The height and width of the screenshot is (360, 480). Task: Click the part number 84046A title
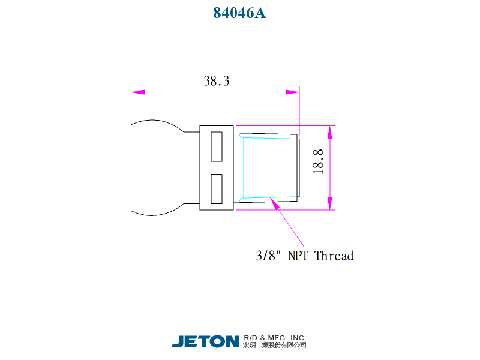(239, 13)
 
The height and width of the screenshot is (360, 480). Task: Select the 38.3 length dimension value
(217, 81)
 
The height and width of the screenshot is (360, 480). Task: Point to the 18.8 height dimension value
(318, 161)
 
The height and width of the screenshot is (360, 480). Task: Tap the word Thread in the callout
(334, 256)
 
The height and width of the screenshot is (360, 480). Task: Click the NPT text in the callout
(298, 256)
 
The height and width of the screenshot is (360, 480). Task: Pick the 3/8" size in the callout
(268, 256)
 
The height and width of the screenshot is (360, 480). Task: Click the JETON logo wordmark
(205, 341)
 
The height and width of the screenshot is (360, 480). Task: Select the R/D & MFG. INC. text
(275, 338)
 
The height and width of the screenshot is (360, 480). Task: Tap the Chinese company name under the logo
(275, 345)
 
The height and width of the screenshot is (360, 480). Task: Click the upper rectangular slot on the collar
(217, 146)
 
